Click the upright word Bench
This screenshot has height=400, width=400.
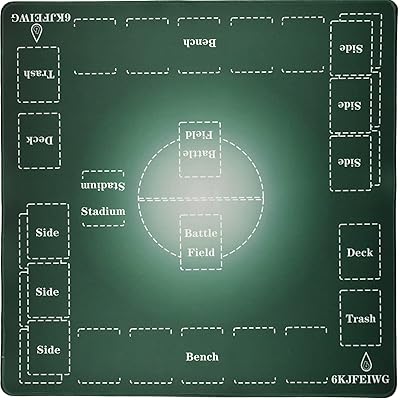pos(202,357)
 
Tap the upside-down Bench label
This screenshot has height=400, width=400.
pos(199,43)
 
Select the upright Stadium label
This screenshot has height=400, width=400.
pos(103,211)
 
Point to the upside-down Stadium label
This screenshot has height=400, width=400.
pos(103,186)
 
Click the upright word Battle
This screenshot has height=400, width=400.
pos(201,233)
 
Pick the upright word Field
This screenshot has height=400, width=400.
pos(201,252)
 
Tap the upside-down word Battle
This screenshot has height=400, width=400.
pos(200,153)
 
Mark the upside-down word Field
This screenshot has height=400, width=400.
pos(199,134)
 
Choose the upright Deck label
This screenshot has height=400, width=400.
pos(360,252)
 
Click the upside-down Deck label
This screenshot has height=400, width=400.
pos(40,140)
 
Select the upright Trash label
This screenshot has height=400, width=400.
pos(361,319)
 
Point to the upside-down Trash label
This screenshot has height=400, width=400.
pos(39,74)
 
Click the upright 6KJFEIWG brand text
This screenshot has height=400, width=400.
pos(360,379)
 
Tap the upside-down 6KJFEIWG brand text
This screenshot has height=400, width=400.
pos(40,18)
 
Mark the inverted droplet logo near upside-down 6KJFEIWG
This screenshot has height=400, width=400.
pos(36,33)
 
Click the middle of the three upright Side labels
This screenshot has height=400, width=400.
pos(47,292)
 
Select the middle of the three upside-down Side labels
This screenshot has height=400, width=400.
pos(351,106)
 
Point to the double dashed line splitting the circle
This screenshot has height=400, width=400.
pos(200,199)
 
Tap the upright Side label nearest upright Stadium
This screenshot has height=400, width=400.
pos(47,233)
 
